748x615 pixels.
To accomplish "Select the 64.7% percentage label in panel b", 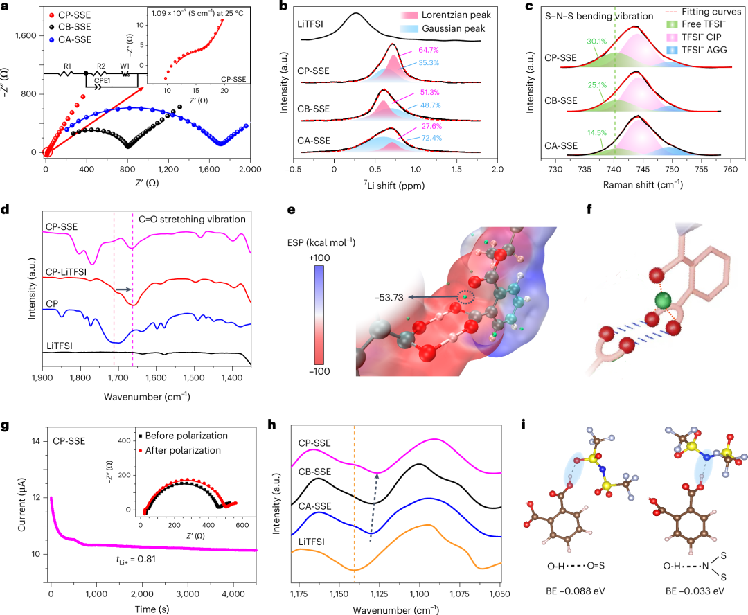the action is tap(429, 50).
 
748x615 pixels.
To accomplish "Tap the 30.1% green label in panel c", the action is tap(596, 42).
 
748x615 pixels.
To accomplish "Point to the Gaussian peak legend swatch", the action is tap(409, 28).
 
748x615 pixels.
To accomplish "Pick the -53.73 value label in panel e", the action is tap(389, 298).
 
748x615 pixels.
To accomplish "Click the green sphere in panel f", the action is tap(663, 301).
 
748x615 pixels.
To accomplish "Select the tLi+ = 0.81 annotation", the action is tap(136, 559).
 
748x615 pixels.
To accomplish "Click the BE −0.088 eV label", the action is tap(576, 591).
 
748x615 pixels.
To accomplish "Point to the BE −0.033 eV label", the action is tap(695, 591).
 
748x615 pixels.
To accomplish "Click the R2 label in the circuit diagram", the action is tap(101, 66).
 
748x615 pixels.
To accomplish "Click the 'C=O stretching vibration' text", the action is tap(193, 220).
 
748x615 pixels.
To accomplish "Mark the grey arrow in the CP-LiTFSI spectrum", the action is tap(123, 289).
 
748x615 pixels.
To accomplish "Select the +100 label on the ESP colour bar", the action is tap(319, 258).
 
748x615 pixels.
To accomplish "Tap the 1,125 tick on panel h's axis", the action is tap(380, 594).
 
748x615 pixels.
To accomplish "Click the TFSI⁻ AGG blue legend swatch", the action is tap(672, 50).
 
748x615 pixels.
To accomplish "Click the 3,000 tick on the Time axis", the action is tap(188, 594).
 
